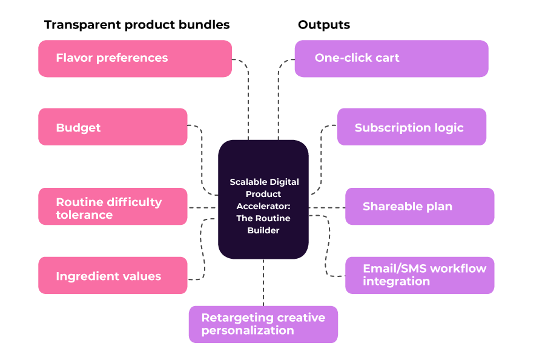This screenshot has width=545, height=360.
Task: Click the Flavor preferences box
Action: (134, 59)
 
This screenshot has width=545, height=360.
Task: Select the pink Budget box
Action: (113, 127)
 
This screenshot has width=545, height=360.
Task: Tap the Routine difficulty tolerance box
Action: (113, 207)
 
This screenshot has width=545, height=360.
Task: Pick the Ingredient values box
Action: (113, 275)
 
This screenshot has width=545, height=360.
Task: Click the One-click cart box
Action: (391, 59)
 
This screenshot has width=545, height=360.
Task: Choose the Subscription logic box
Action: (412, 127)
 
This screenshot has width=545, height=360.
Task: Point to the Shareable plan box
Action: (420, 207)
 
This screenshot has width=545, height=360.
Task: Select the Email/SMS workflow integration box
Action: (420, 275)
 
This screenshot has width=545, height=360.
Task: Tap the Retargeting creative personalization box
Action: (263, 324)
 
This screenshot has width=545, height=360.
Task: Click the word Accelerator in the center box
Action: (264, 206)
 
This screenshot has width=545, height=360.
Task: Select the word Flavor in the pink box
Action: (74, 58)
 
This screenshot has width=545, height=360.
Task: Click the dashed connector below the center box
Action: (263, 282)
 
